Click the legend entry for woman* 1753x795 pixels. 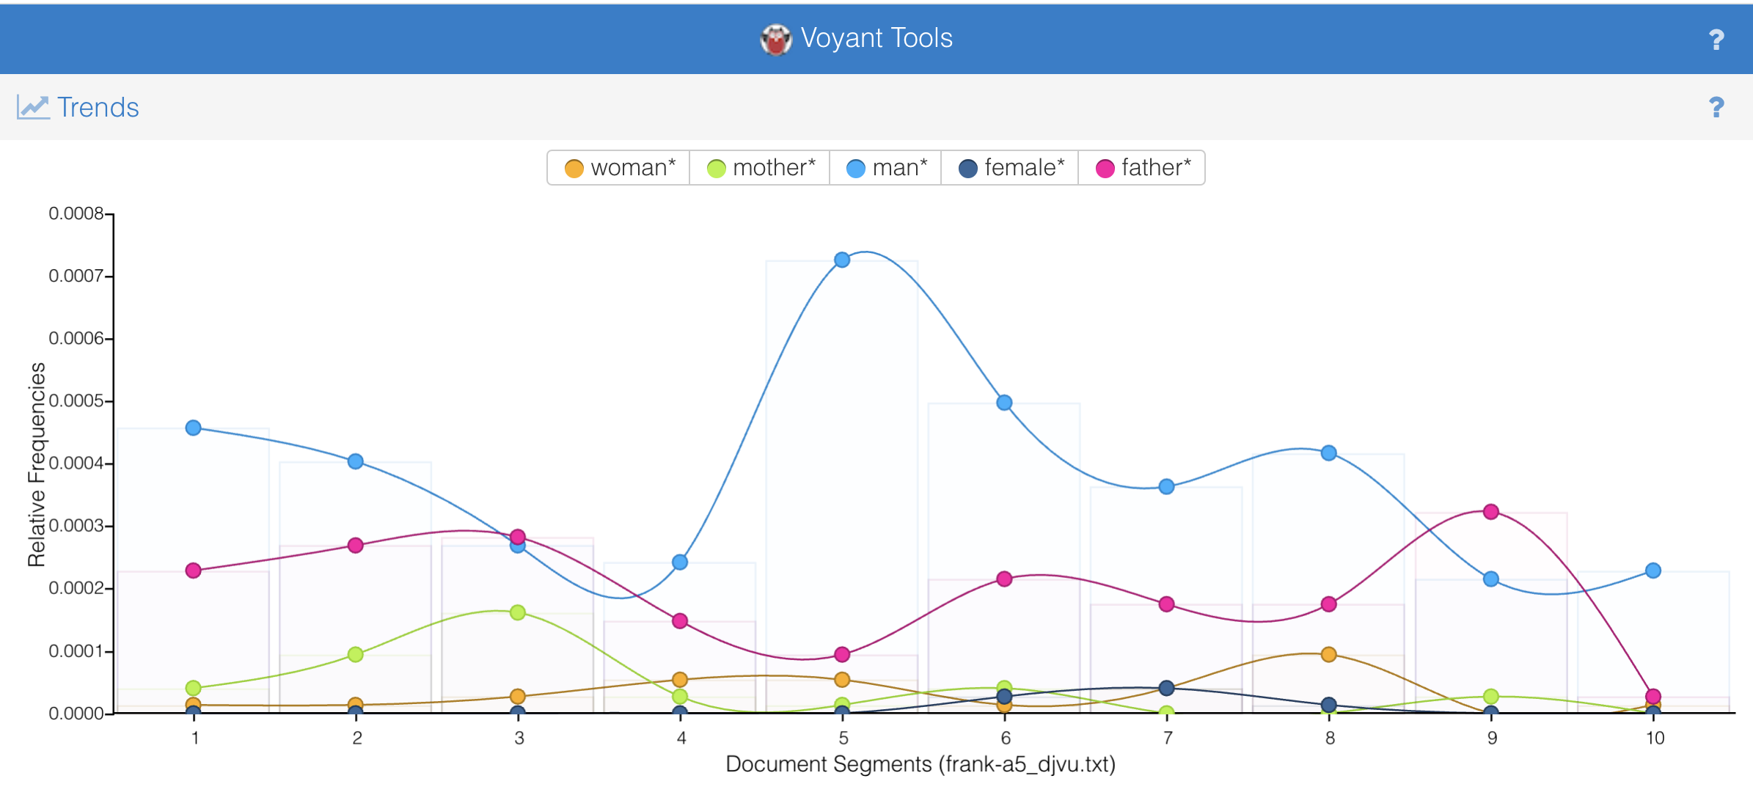(620, 168)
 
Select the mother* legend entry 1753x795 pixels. (761, 168)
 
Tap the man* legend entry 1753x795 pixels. (886, 168)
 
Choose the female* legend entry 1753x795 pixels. (1011, 168)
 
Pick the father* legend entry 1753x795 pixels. (1143, 168)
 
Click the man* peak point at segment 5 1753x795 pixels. (842, 260)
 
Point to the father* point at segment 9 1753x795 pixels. (1490, 511)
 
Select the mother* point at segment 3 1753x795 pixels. (518, 612)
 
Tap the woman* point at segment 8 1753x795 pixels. (1328, 653)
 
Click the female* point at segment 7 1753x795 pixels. (1166, 687)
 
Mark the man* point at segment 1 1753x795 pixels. (194, 428)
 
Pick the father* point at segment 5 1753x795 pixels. (842, 653)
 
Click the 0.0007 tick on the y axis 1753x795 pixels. (76, 276)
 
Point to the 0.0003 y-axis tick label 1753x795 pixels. (76, 526)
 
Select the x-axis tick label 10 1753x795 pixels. (1654, 738)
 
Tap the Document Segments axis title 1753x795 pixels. (920, 764)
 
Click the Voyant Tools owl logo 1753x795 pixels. (775, 39)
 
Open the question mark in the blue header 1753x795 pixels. (1716, 40)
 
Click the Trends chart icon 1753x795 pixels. (33, 107)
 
